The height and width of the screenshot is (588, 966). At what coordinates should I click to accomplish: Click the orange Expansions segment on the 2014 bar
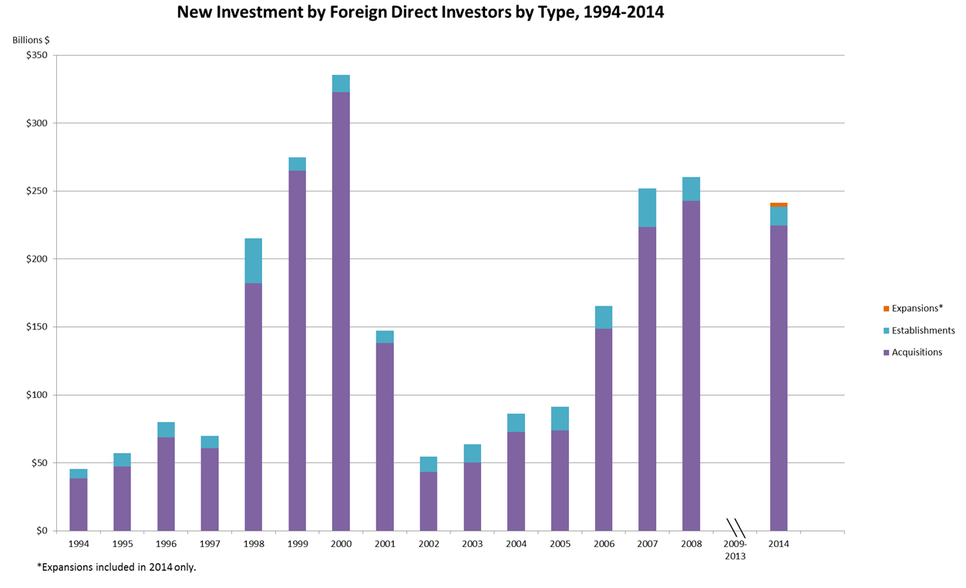point(778,204)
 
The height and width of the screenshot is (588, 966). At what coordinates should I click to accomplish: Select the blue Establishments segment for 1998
point(253,261)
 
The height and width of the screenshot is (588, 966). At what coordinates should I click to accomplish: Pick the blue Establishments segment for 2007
point(647,208)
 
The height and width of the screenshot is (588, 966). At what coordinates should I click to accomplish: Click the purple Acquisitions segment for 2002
point(428,501)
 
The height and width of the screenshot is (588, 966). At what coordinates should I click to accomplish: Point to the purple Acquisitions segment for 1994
point(79,504)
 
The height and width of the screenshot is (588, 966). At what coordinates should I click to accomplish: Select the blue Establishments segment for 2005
point(560,418)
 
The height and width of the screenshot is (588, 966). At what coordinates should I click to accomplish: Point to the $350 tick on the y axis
point(36,56)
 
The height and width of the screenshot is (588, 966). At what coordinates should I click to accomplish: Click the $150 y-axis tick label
point(36,327)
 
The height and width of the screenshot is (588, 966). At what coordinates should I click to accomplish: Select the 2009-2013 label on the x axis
point(735,549)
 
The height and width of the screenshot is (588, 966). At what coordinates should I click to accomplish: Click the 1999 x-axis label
point(297,544)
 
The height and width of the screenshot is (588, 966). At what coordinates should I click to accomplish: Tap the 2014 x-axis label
point(779,544)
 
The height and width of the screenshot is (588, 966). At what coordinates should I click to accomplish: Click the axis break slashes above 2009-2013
point(735,528)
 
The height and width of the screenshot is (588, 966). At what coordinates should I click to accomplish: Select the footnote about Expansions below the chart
point(122,567)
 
